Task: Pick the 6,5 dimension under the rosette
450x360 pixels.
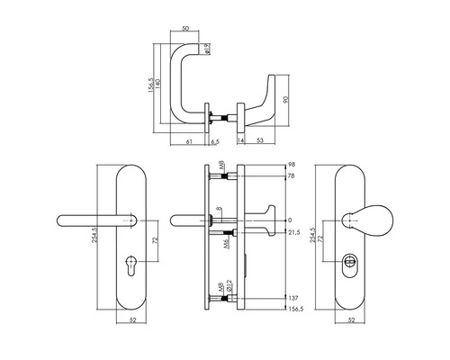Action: pos(214,141)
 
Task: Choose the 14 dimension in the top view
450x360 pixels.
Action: pos(240,141)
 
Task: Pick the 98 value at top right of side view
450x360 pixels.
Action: pos(291,166)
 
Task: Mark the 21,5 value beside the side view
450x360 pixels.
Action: pos(294,233)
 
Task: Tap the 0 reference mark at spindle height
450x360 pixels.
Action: pos(291,220)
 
